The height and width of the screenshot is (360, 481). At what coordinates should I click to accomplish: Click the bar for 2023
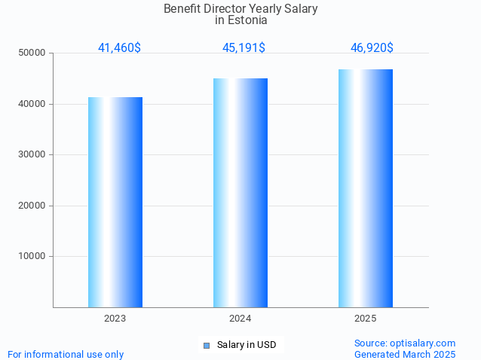pyautogui.click(x=115, y=202)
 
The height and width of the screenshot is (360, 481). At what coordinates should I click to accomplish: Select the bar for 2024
pyautogui.click(x=240, y=193)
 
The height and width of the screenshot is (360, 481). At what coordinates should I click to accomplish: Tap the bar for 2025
pyautogui.click(x=366, y=188)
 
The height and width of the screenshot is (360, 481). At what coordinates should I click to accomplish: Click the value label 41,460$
pyautogui.click(x=119, y=48)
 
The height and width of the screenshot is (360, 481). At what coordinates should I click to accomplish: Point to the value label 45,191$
pyautogui.click(x=244, y=48)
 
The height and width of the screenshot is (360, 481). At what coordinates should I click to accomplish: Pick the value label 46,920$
pyautogui.click(x=372, y=48)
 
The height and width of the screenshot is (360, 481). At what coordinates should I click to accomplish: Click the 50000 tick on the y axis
pyautogui.click(x=32, y=53)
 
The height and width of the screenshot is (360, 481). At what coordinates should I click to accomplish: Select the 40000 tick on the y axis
pyautogui.click(x=32, y=104)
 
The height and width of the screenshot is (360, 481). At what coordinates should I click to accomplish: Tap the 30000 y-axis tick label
pyautogui.click(x=32, y=154)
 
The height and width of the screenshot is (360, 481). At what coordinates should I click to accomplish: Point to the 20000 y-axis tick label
pyautogui.click(x=32, y=206)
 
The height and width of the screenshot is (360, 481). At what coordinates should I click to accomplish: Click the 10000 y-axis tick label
pyautogui.click(x=32, y=256)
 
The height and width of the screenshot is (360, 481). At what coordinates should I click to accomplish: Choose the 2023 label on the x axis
pyautogui.click(x=115, y=319)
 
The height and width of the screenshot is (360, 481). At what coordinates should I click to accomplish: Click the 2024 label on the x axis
pyautogui.click(x=240, y=319)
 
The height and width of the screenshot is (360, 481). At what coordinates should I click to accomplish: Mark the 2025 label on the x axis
pyautogui.click(x=366, y=319)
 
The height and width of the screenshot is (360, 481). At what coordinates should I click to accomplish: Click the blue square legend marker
pyautogui.click(x=206, y=346)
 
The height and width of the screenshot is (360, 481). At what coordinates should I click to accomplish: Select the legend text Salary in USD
pyautogui.click(x=247, y=345)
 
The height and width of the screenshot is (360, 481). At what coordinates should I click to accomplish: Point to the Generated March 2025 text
pyautogui.click(x=405, y=354)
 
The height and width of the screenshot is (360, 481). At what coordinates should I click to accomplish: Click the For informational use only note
pyautogui.click(x=66, y=354)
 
